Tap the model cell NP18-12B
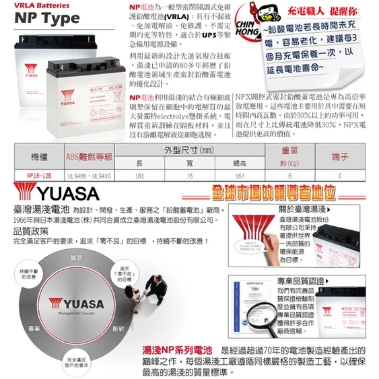(x=34, y=176)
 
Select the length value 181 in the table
(x=139, y=176)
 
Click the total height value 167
(x=239, y=176)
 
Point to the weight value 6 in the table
(x=290, y=176)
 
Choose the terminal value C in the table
(x=340, y=176)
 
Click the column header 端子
(x=340, y=157)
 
